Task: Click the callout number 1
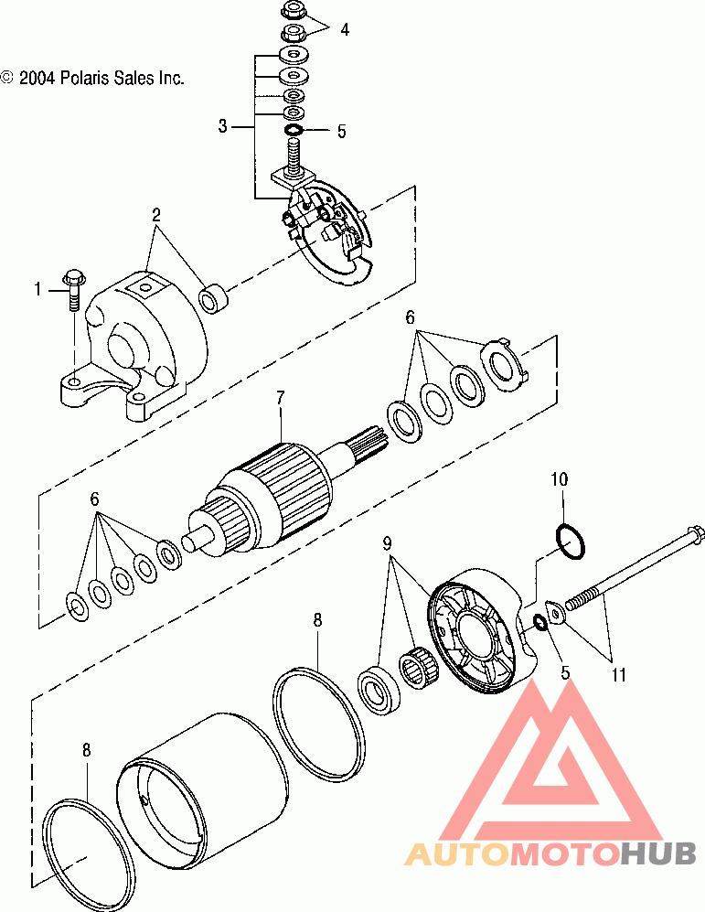(x=38, y=290)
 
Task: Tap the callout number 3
(x=222, y=126)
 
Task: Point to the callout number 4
(x=344, y=29)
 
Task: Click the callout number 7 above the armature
(x=281, y=397)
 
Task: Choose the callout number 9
(x=388, y=542)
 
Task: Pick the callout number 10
(x=560, y=478)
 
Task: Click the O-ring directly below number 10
(x=569, y=542)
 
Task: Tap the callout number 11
(x=619, y=676)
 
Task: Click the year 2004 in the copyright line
(x=37, y=78)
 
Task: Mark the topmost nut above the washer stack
(x=293, y=12)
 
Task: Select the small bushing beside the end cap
(x=213, y=297)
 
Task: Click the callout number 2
(x=156, y=216)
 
